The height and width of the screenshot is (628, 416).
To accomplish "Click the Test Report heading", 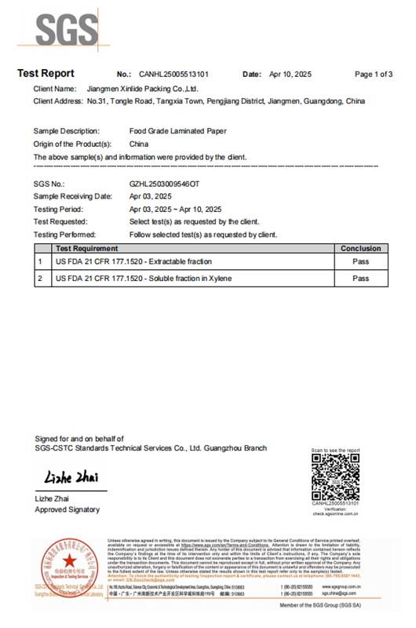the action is coord(46,74).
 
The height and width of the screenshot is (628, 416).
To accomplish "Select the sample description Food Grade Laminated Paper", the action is coord(177,131).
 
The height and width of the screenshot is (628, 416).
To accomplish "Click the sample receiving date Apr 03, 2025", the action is coord(150,196).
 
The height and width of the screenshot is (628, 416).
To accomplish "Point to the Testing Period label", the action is coord(59,210).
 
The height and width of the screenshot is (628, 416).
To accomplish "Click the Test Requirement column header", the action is coord(87,248).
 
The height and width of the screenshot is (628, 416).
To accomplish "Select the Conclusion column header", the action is coord(360,248).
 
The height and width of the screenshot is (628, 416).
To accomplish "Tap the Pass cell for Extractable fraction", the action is coord(360,261).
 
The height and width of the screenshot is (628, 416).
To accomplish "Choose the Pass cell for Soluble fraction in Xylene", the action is coord(360,279).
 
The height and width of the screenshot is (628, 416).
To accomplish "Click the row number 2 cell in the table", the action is coord(40,279).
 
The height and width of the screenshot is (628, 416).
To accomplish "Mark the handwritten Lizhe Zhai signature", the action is coord(69,476).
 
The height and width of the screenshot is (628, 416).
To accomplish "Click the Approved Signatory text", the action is coord(67,509).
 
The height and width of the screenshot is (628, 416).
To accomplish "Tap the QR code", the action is coord(335,478).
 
